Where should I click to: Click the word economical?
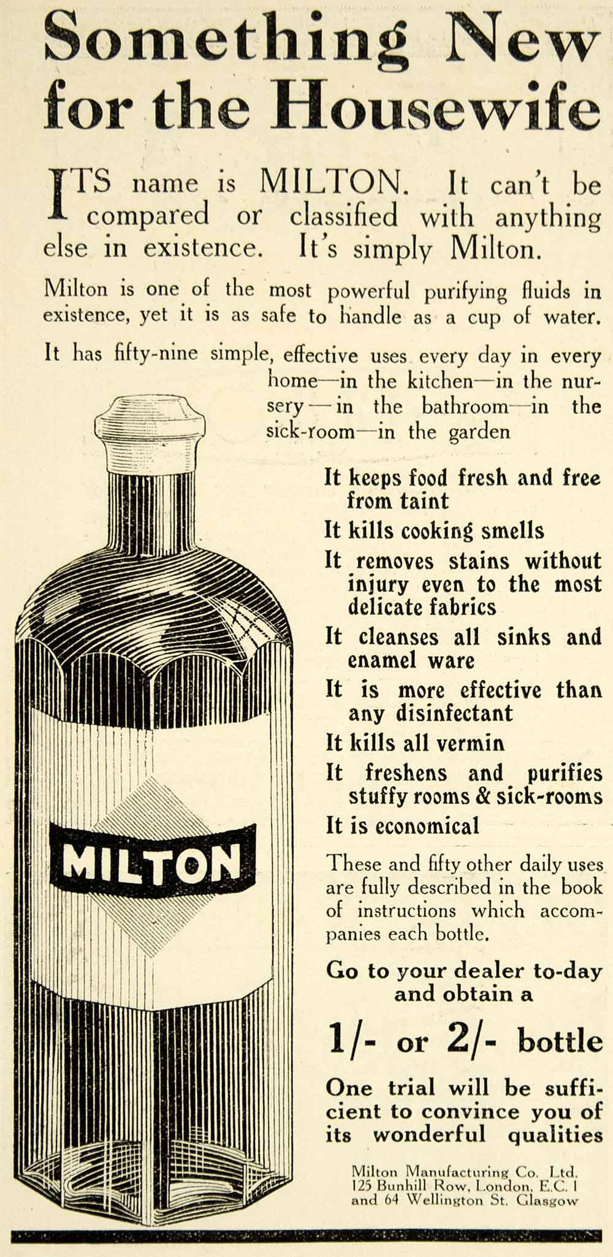point(427,826)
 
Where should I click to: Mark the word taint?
point(424,501)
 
